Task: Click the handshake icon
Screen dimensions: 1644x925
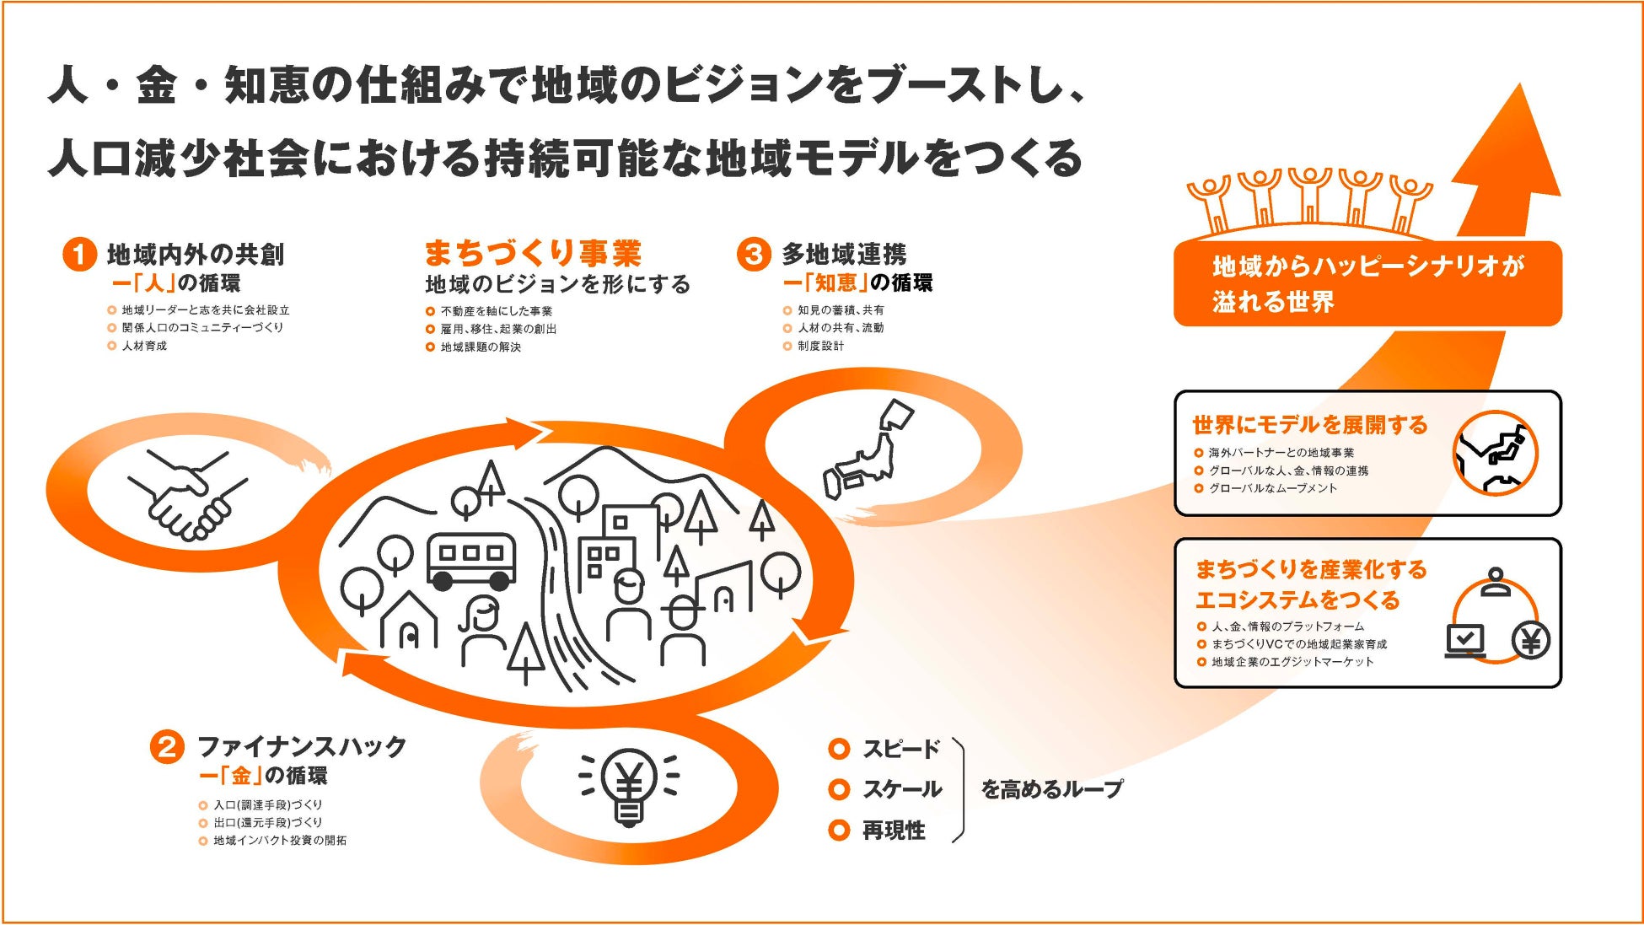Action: [x=187, y=496]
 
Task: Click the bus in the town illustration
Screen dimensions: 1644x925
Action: [x=470, y=560]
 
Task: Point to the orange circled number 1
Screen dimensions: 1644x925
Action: [x=79, y=254]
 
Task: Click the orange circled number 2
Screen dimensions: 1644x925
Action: [x=167, y=747]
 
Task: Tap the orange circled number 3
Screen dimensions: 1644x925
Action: [x=753, y=254]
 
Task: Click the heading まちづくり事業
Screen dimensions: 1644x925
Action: [x=533, y=253]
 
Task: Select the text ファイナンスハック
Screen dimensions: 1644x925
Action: [x=302, y=746]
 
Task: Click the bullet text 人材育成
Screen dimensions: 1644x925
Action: [x=144, y=346]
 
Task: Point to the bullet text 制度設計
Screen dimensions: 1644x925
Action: [x=820, y=346]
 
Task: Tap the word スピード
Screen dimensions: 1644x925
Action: [x=900, y=749]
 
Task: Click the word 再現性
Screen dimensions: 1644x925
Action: [x=894, y=831]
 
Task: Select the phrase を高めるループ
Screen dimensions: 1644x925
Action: [x=1051, y=789]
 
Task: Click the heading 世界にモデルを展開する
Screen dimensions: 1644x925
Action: [x=1309, y=425]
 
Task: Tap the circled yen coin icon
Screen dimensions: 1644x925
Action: [x=1530, y=642]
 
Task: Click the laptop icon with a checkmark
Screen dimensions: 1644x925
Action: [x=1465, y=641]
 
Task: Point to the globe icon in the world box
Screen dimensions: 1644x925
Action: [x=1496, y=453]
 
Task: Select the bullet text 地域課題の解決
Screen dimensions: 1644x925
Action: [x=481, y=347]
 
